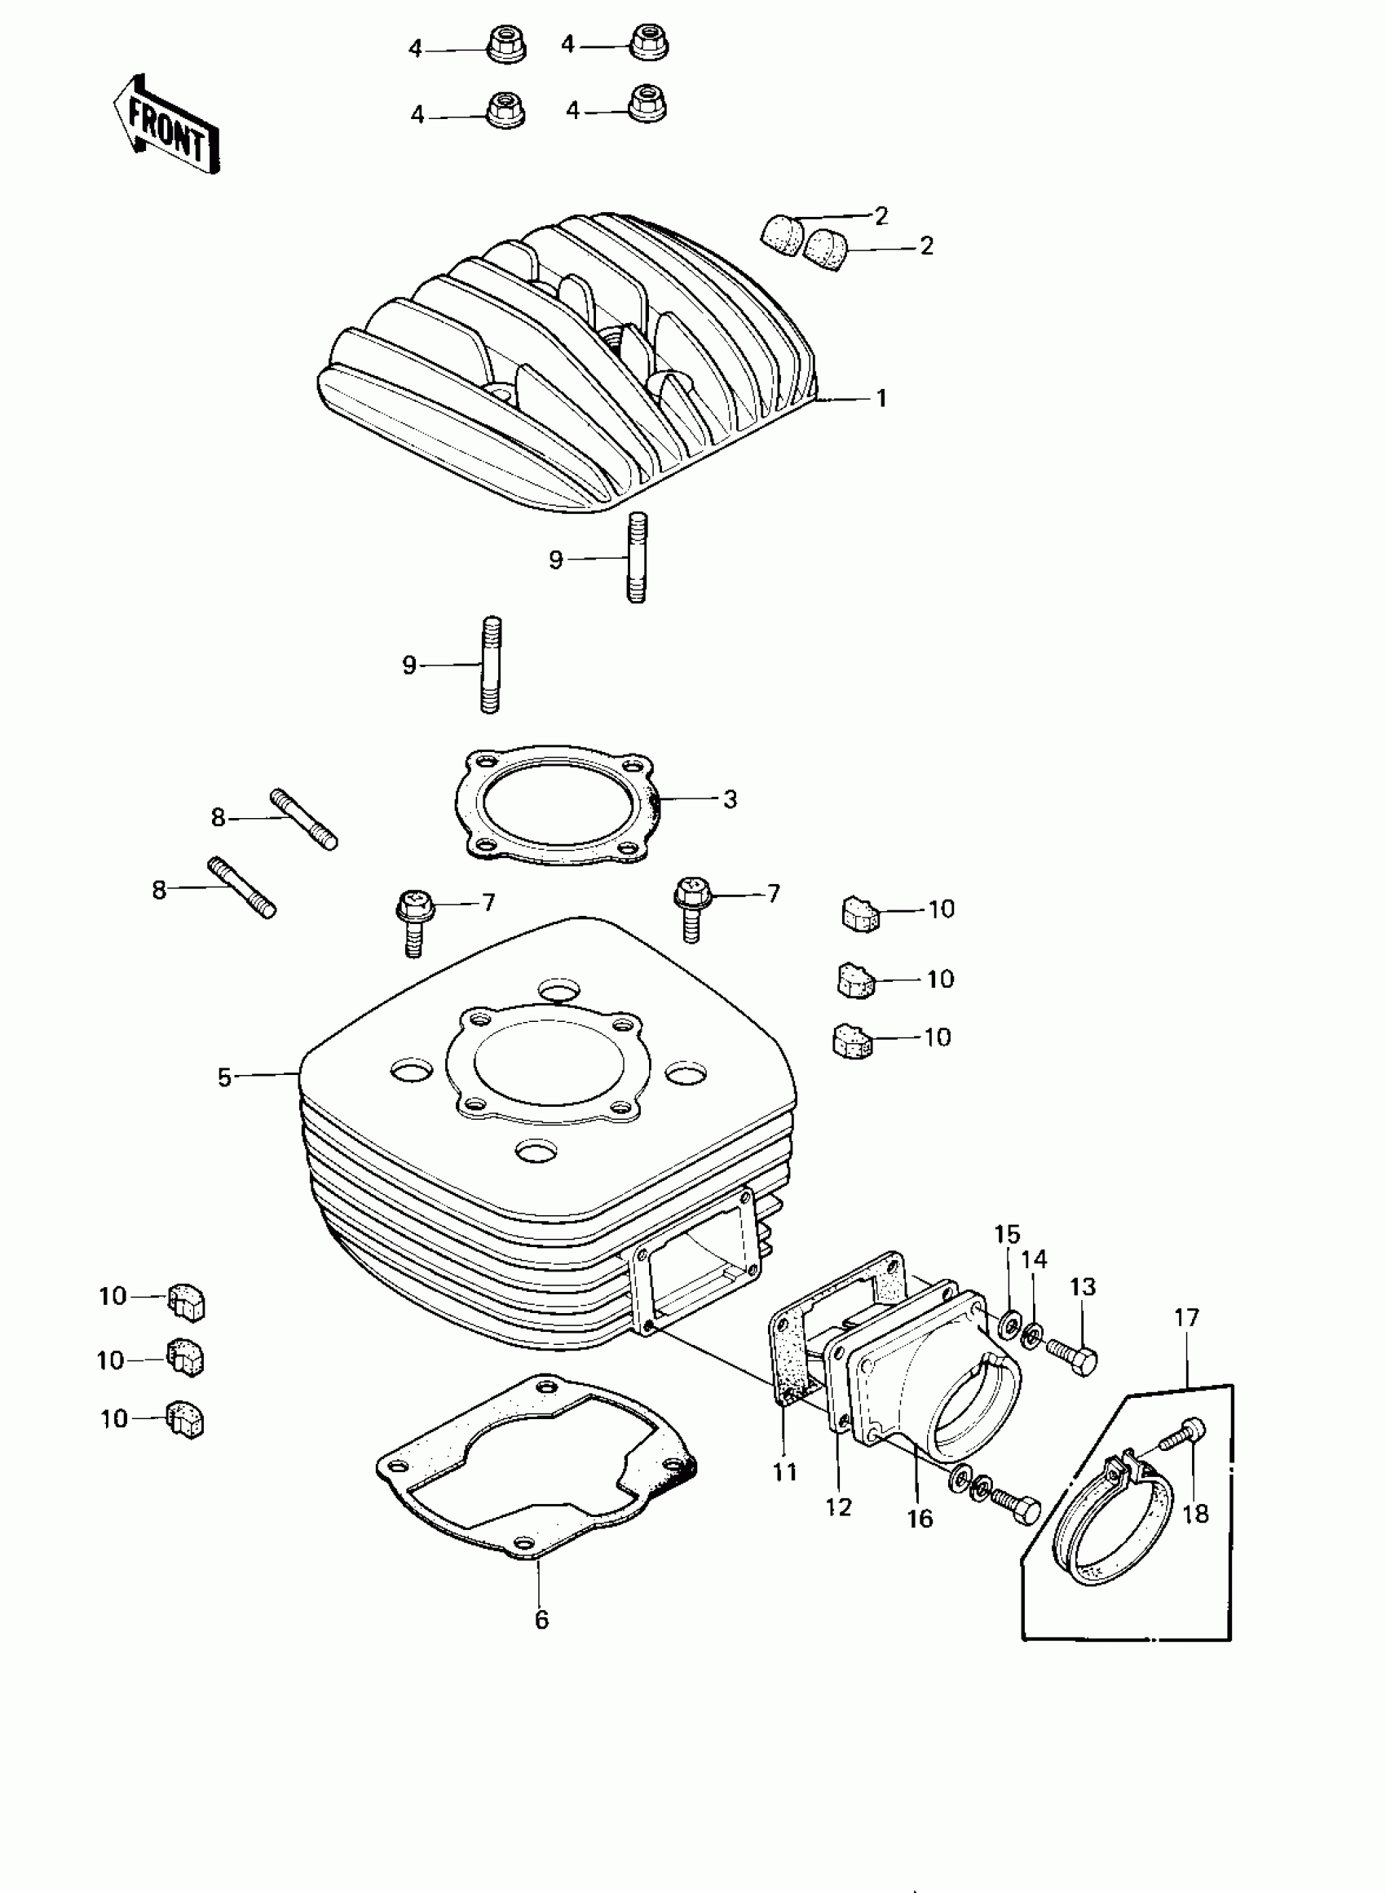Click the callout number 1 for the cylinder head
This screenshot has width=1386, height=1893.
[x=881, y=399]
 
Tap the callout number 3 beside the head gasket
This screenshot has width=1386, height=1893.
[x=730, y=799]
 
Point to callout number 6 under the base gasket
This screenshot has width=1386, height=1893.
[x=541, y=1621]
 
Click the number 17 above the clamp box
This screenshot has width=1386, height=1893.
[x=1186, y=1316]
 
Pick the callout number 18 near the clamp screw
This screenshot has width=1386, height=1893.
[x=1195, y=1514]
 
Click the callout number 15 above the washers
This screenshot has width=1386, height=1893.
[x=1007, y=1234]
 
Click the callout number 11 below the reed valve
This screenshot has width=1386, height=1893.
[x=784, y=1473]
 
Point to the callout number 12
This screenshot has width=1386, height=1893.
[x=838, y=1507]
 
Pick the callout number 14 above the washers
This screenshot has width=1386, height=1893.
[x=1035, y=1259]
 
